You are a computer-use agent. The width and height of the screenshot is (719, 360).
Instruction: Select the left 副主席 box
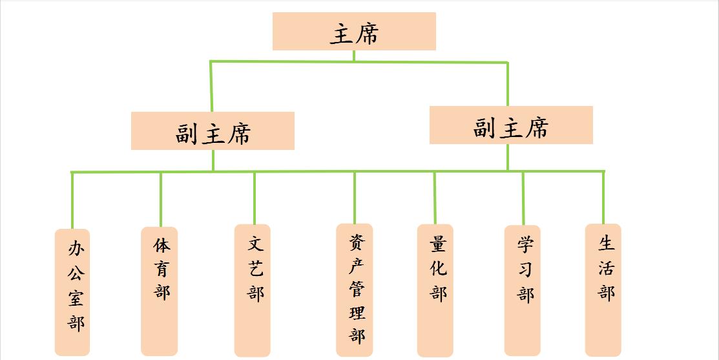click(213, 131)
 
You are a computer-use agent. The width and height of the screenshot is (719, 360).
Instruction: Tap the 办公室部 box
click(72, 292)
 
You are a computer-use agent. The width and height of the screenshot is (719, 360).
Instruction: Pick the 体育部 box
click(160, 291)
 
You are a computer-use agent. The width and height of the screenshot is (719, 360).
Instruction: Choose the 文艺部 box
click(253, 290)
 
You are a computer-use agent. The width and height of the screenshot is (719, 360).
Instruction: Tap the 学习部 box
click(523, 290)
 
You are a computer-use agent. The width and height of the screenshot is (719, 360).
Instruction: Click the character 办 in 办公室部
click(76, 248)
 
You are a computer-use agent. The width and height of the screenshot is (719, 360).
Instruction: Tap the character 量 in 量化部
click(438, 244)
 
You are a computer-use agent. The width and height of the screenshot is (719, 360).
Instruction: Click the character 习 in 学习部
click(525, 269)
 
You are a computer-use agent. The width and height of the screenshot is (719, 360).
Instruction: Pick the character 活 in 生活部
click(606, 267)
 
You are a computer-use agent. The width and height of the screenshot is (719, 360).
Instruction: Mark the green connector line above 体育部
click(160, 199)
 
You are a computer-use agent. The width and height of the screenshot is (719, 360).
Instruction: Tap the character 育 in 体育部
click(162, 268)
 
